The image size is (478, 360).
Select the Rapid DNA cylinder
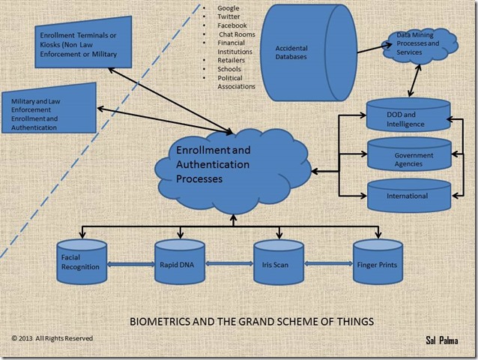(x=180, y=262)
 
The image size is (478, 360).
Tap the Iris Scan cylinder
(x=279, y=262)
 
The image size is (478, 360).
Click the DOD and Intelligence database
(x=408, y=118)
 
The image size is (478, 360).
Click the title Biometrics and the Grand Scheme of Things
(x=252, y=322)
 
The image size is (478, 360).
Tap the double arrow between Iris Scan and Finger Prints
(x=329, y=264)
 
